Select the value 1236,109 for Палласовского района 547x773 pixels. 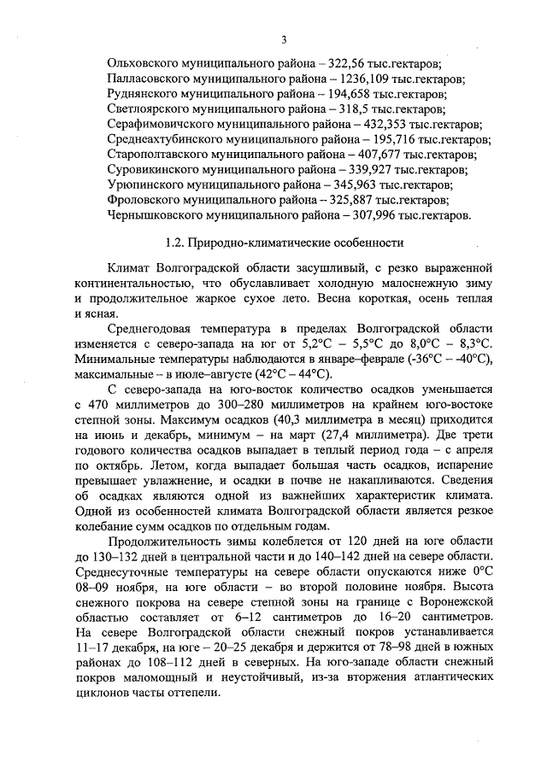coord(343,79)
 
